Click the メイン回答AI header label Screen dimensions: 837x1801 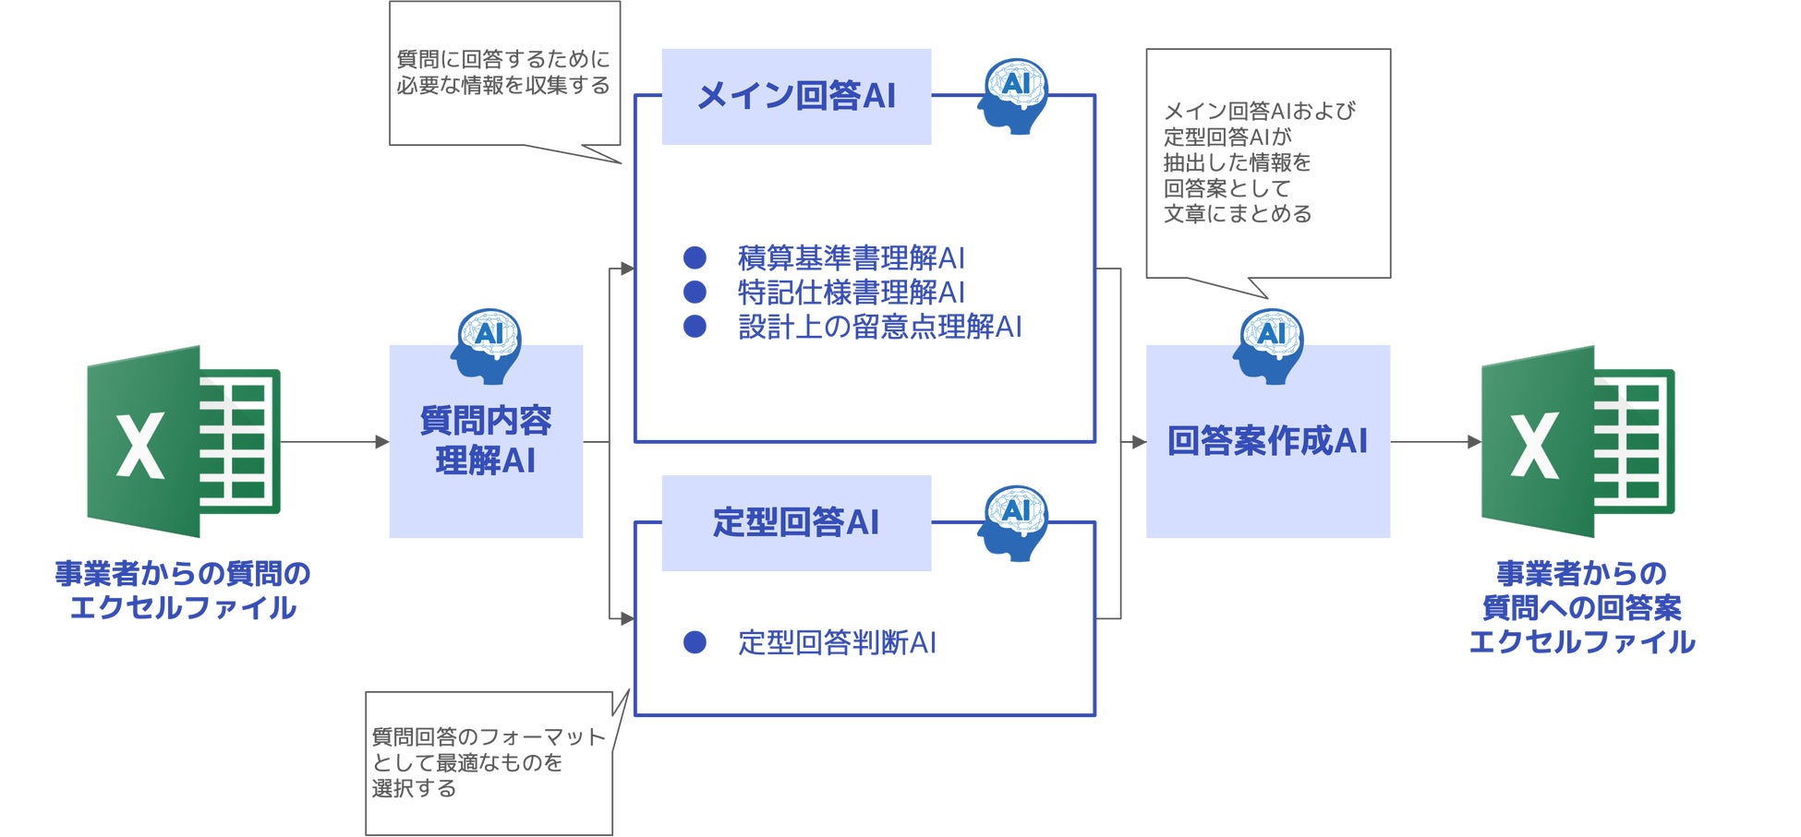pos(796,96)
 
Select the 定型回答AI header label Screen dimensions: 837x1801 pos(796,522)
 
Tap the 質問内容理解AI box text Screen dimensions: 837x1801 pos(486,440)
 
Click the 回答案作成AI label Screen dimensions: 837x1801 pos(1267,440)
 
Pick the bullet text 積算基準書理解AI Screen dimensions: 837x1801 pos(851,257)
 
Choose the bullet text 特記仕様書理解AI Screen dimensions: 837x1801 pos(851,292)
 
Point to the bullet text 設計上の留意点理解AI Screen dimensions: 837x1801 pos(879,326)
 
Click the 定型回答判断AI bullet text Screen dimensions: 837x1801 pos(837,642)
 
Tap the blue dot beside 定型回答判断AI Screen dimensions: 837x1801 pos(695,642)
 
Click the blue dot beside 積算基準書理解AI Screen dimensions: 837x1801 pos(695,257)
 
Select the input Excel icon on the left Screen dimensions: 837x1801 pos(183,441)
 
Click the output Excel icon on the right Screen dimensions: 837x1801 pos(1577,441)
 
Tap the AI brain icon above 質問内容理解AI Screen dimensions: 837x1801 pos(487,345)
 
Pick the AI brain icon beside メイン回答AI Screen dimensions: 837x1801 pos(1014,96)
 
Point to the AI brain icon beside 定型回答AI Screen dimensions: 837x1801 pos(1014,522)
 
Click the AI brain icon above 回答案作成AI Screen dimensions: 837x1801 pos(1269,345)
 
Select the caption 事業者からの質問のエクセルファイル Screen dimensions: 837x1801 pos(183,591)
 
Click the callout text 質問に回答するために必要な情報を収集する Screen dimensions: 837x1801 pos(503,72)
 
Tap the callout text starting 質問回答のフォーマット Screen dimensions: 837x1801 pos(488,762)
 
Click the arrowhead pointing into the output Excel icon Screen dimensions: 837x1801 pos(1474,442)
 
